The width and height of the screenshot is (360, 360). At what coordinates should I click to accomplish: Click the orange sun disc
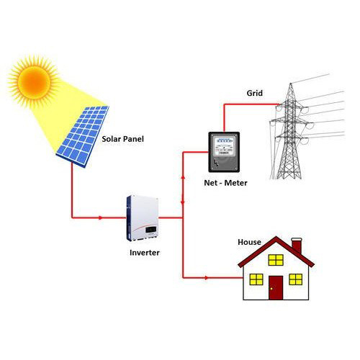(35, 81)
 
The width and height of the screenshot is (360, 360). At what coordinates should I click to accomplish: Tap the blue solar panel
(83, 136)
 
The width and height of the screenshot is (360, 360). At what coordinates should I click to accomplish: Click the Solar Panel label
(122, 139)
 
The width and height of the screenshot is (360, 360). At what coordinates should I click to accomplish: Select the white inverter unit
(143, 218)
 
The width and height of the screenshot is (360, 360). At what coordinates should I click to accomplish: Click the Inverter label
(145, 253)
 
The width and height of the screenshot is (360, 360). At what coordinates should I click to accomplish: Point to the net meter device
(224, 152)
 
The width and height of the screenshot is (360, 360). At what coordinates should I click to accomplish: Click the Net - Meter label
(225, 183)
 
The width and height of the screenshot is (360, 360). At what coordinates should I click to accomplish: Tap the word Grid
(255, 93)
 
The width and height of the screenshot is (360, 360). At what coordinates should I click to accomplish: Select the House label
(249, 242)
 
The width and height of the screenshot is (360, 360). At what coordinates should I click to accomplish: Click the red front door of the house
(276, 287)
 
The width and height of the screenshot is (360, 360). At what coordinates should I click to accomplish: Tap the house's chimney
(297, 246)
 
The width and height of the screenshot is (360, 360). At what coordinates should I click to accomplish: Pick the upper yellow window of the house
(276, 260)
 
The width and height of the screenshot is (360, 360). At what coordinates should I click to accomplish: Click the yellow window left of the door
(256, 279)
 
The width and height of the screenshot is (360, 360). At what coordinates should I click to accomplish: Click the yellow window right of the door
(296, 279)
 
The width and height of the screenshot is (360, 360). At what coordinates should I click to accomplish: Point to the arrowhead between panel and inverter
(101, 218)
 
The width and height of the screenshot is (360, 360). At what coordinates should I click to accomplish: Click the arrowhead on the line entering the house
(207, 278)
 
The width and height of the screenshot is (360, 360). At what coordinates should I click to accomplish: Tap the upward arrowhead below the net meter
(183, 177)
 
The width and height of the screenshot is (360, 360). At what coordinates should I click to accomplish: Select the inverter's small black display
(151, 230)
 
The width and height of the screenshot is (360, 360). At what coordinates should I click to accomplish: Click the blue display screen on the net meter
(224, 140)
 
